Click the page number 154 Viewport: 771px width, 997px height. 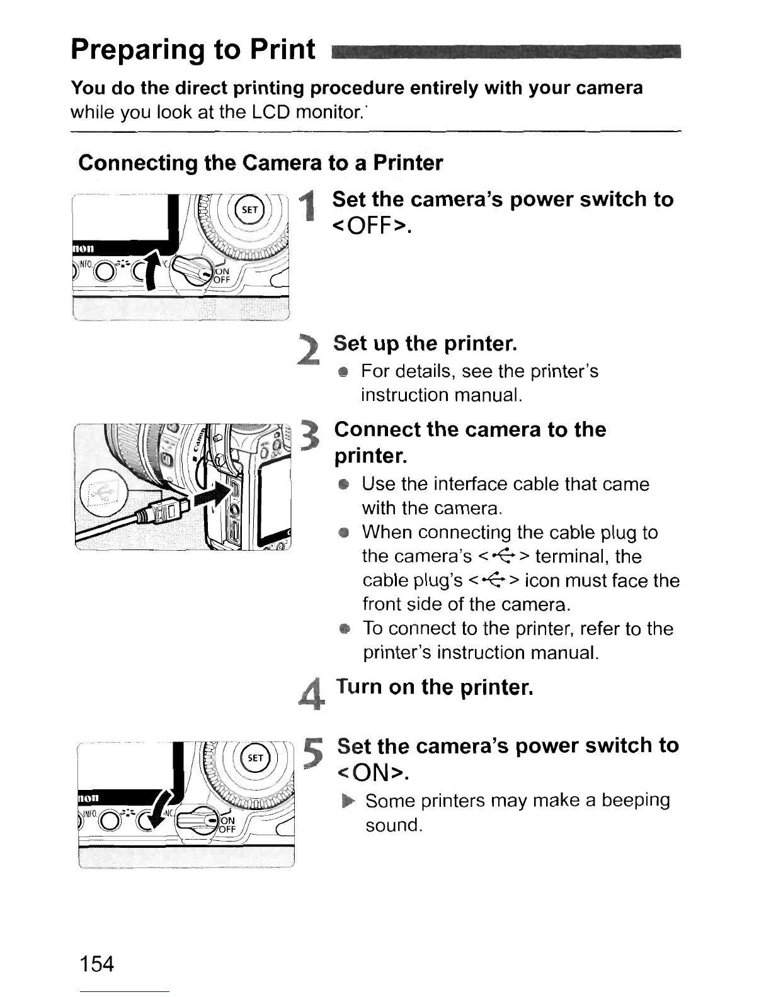click(97, 962)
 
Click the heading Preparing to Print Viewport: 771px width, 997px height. click(193, 49)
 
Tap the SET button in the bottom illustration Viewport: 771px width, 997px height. click(256, 758)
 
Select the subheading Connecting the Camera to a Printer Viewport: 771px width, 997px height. click(260, 163)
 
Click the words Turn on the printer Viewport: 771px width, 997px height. click(435, 687)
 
